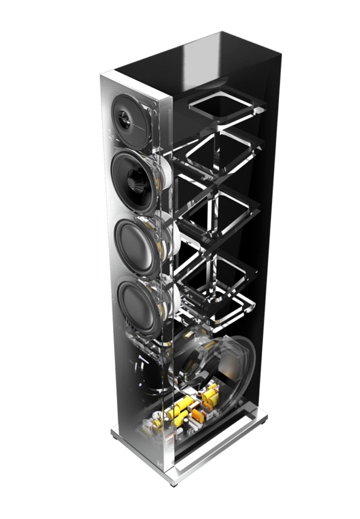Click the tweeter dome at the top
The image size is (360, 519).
point(126,117)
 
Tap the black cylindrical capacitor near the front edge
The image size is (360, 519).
point(168,423)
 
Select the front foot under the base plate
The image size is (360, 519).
point(173,483)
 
